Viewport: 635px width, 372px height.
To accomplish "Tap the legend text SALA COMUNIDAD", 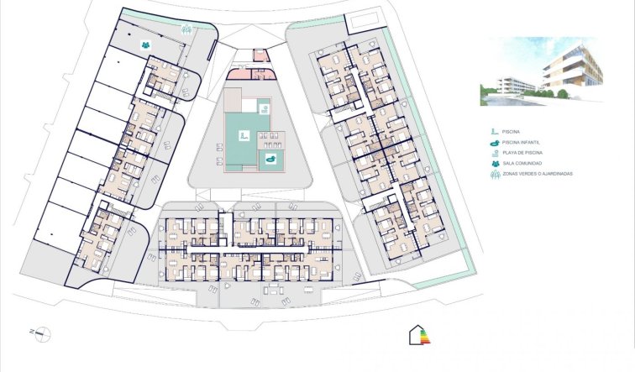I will (521, 165).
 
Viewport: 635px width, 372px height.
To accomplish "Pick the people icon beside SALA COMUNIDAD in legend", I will (493, 165).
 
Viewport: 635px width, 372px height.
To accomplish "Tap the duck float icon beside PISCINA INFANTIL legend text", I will (493, 143).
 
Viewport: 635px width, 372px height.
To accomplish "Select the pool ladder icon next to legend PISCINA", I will (493, 132).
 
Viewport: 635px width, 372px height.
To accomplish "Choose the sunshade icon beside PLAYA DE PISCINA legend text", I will (493, 154).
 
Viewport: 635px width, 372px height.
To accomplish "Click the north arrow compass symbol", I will (41, 332).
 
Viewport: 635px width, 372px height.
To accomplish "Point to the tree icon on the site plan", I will (186, 28).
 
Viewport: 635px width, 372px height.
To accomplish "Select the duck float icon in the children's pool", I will (271, 158).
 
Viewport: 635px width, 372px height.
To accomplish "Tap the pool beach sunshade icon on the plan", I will (263, 107).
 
